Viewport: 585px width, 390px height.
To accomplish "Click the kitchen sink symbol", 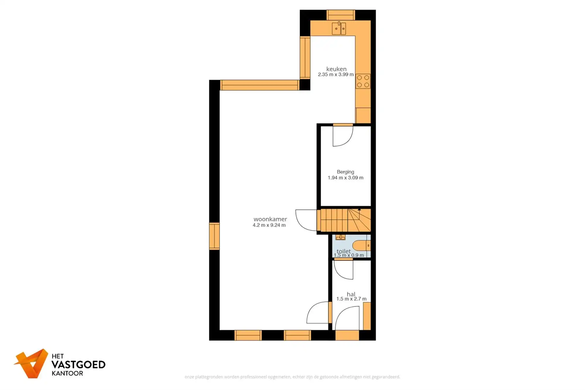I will click(339, 29).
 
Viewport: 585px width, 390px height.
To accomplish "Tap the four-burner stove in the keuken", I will click(363, 81).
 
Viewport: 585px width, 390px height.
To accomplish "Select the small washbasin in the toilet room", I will click(340, 237).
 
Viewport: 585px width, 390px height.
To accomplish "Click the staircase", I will click(344, 220).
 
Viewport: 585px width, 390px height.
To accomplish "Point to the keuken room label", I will click(336, 69).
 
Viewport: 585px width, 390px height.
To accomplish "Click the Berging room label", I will click(345, 172).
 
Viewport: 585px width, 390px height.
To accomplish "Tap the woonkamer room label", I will click(270, 219).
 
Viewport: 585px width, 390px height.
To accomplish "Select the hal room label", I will click(351, 294).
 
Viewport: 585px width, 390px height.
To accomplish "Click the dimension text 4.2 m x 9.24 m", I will click(269, 225).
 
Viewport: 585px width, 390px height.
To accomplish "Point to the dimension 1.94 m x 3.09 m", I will click(345, 178).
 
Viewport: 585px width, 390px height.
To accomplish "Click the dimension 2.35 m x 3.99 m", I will click(336, 75).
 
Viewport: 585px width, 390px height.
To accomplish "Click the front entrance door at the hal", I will click(347, 319).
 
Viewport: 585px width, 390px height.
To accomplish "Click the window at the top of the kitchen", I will click(340, 15).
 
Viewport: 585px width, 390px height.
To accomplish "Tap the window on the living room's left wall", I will click(214, 236).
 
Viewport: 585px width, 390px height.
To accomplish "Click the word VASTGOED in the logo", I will click(78, 365).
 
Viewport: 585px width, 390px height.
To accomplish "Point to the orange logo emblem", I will click(32, 363).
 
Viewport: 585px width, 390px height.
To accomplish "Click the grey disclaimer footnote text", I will click(292, 377).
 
